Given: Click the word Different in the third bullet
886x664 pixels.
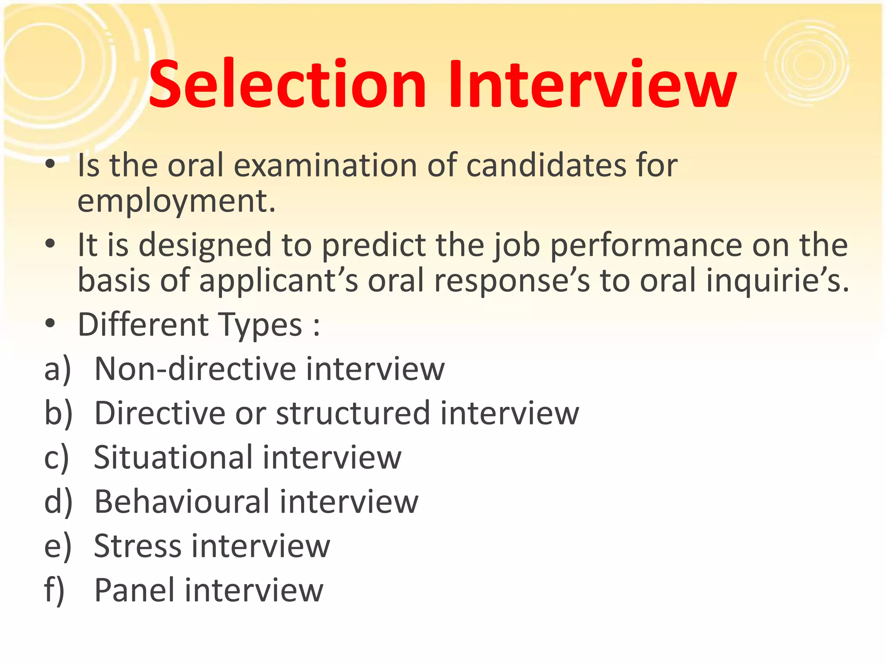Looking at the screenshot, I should (x=143, y=325).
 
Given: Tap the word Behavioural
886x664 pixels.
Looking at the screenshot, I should (x=182, y=501).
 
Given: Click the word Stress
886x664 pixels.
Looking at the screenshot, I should (x=138, y=546).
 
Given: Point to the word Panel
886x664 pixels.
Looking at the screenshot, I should (x=135, y=590).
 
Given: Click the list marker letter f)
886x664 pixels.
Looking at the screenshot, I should (x=55, y=590).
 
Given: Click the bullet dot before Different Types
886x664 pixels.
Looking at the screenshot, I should (x=51, y=324).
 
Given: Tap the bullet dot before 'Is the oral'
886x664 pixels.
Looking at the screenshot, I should (x=51, y=164).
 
